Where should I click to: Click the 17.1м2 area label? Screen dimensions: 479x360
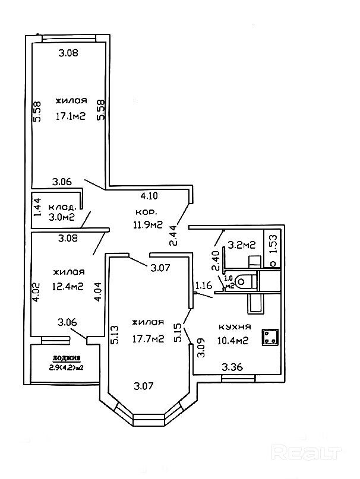(x=70, y=116)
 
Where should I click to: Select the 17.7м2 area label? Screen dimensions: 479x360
(x=148, y=339)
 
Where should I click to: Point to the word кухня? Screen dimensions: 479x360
(x=234, y=327)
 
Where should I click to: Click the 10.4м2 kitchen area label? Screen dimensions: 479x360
(x=233, y=340)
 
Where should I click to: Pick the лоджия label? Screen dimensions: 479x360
(x=66, y=357)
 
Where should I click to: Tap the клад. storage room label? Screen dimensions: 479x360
(x=62, y=207)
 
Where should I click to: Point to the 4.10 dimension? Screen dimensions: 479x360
(x=149, y=195)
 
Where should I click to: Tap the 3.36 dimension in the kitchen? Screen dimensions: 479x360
(x=232, y=367)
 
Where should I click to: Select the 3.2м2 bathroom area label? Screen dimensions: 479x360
(x=242, y=244)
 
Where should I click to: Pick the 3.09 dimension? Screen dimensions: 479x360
(x=201, y=347)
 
